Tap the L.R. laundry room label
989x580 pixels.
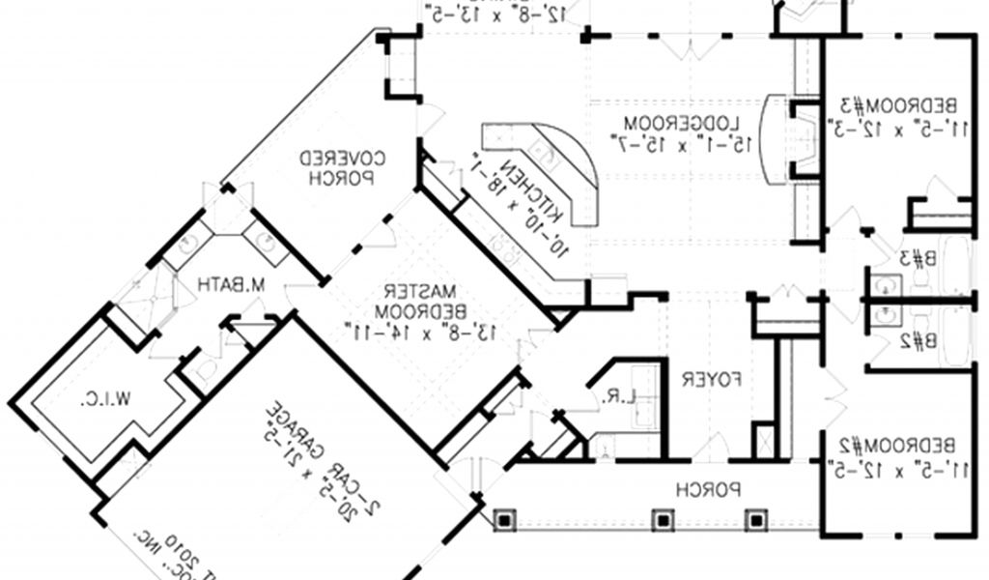pyautogui.click(x=622, y=395)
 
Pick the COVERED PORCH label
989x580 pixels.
pyautogui.click(x=335, y=166)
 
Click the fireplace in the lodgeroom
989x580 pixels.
pyautogui.click(x=778, y=137)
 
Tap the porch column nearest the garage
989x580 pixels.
pyautogui.click(x=503, y=521)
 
